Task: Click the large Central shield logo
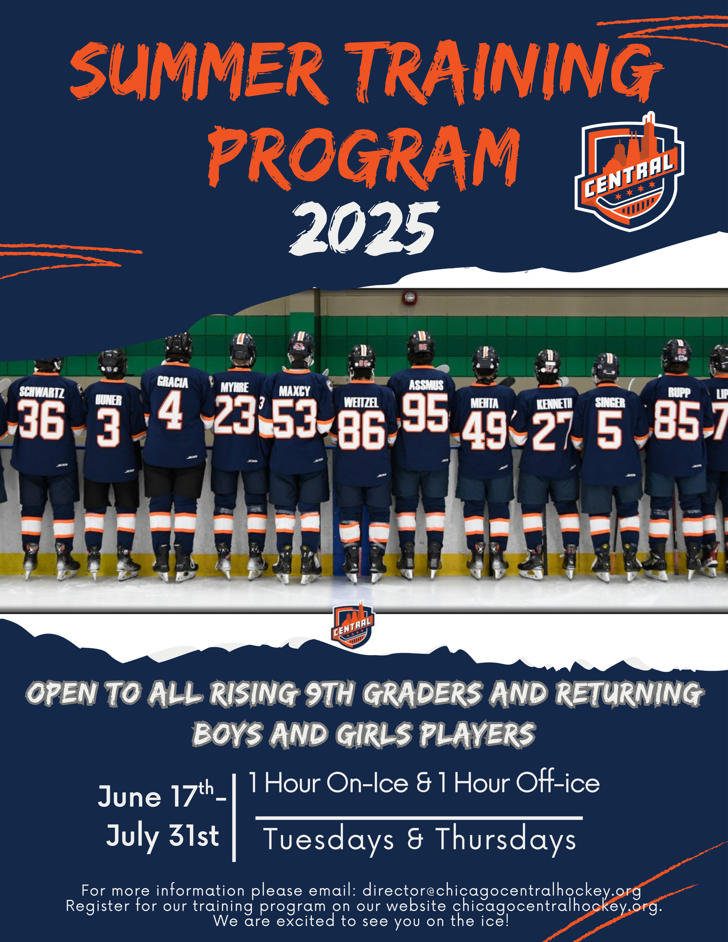[x=629, y=172]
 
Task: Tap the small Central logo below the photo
[x=354, y=625]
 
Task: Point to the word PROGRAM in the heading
[x=364, y=155]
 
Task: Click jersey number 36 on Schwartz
[x=41, y=420]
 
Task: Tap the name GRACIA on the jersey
[x=172, y=382]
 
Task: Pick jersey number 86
[x=362, y=430]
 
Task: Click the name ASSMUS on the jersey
[x=426, y=385]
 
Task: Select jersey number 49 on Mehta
[x=484, y=430]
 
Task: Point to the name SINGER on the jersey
[x=610, y=402]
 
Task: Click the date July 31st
[x=162, y=837]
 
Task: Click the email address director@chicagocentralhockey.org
[x=502, y=890]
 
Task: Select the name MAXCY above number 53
[x=294, y=391]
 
